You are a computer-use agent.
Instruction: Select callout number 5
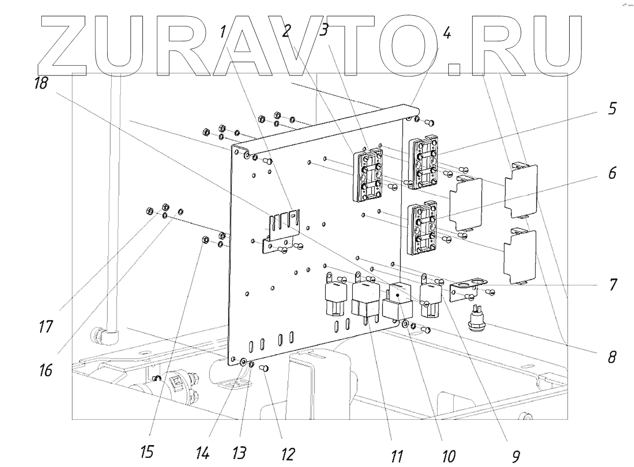click(x=612, y=109)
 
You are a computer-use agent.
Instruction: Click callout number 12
click(x=288, y=452)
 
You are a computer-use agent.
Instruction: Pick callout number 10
click(x=448, y=455)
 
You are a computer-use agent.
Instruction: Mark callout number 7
click(x=612, y=283)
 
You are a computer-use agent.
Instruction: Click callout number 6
click(x=612, y=173)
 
